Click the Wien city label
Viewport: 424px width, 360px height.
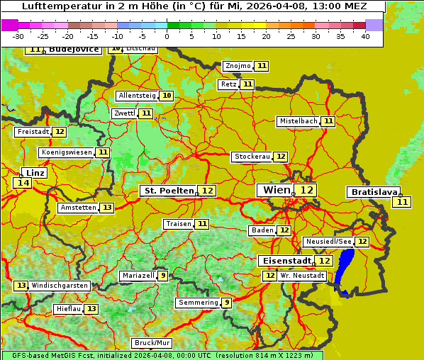pos(277,190)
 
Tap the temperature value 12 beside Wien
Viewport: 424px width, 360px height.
pos(306,190)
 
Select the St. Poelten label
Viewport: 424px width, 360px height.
pos(168,191)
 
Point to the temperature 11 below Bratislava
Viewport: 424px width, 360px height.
pos(403,202)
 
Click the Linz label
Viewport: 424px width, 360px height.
pos(35,173)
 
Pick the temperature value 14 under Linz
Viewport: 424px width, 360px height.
pos(23,183)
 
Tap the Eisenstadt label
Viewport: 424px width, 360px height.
pos(284,261)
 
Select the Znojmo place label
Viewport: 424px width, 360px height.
pos(238,66)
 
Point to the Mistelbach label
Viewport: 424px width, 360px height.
pos(298,121)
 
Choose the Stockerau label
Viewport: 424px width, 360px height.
pos(252,157)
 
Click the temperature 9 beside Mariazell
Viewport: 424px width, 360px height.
pos(163,276)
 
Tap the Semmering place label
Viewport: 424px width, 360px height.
pos(198,303)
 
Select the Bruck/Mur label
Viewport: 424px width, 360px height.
pos(152,343)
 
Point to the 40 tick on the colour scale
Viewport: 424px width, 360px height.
pos(365,36)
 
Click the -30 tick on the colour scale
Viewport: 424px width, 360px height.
pos(18,36)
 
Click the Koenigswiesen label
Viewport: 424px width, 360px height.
pos(67,152)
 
